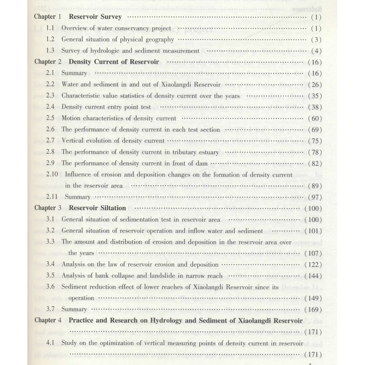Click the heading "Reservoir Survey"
95,17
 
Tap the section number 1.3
51,51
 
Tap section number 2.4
51,107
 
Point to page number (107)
313,253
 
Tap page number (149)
313,298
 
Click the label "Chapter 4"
48,320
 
